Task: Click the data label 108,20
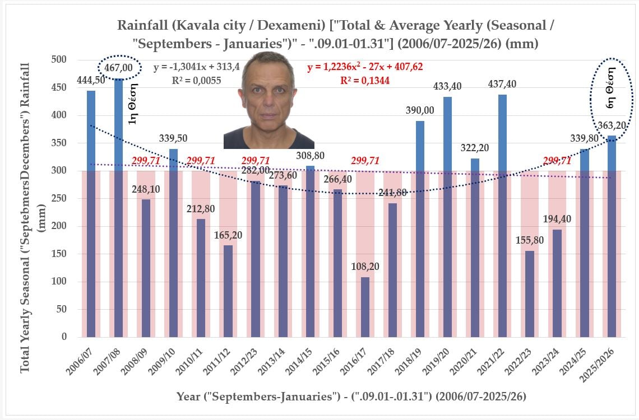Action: pos(365,267)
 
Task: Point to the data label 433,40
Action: pos(447,87)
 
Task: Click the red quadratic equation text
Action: pos(365,67)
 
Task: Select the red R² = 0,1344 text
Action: pos(365,81)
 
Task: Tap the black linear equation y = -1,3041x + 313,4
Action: pos(197,67)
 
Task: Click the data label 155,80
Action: pos(530,240)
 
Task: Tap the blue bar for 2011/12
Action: pos(228,291)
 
